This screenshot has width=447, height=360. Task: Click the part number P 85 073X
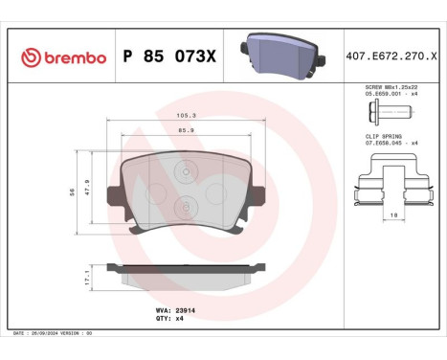pyautogui.click(x=169, y=57)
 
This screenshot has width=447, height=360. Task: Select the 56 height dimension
pyautogui.click(x=73, y=191)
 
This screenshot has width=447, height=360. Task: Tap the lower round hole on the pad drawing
pyautogui.click(x=185, y=204)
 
